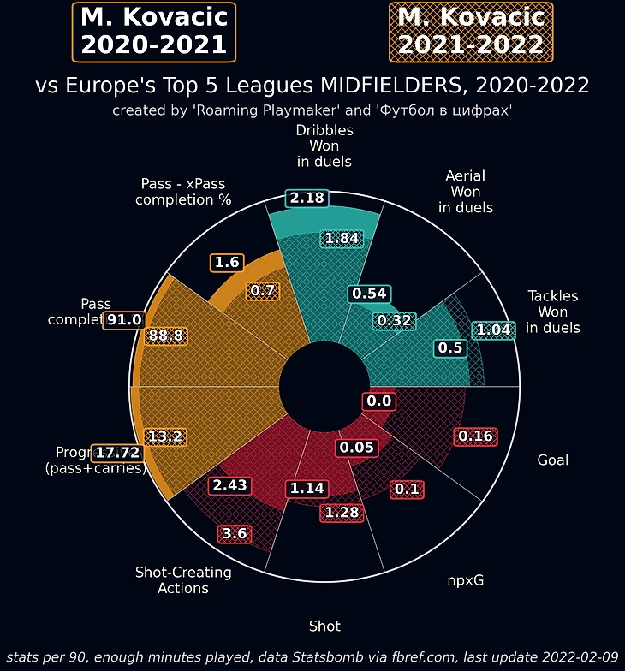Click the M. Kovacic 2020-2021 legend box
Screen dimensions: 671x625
[154, 31]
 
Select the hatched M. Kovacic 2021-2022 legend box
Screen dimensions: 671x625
[471, 31]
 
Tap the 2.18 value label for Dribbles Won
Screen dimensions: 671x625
[307, 198]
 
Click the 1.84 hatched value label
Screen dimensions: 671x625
[342, 239]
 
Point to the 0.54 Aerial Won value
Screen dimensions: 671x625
[369, 294]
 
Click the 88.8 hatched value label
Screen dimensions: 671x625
[165, 335]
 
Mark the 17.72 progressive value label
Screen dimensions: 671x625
[118, 452]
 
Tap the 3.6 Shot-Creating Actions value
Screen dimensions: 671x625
[235, 533]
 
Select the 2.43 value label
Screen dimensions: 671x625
[229, 485]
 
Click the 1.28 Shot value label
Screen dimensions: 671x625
[342, 513]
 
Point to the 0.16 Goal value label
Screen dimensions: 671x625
[475, 436]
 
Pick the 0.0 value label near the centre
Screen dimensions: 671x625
[378, 401]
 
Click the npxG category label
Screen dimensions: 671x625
[466, 580]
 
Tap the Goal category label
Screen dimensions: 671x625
[552, 460]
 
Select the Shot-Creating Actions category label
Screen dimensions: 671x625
[184, 580]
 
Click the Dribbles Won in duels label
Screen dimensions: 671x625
[324, 145]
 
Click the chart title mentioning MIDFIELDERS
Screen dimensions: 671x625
[312, 86]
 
